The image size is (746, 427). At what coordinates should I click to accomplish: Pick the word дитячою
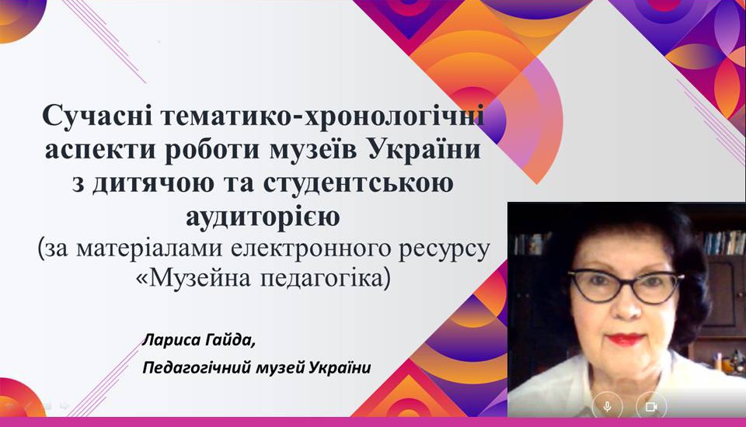(153, 184)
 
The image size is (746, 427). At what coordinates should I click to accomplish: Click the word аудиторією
(263, 217)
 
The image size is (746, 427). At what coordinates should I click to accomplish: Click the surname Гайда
(230, 342)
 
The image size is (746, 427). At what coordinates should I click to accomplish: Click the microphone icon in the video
(607, 407)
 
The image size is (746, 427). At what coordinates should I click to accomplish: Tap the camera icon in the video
(651, 407)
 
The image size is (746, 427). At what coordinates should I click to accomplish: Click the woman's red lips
(626, 339)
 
